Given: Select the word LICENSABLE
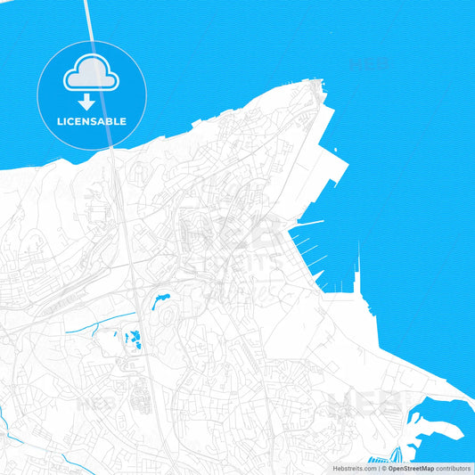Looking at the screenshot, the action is point(92,121).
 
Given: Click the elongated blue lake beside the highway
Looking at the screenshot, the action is point(162,301).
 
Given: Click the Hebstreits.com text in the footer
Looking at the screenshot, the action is point(355,468).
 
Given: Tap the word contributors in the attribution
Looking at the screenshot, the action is point(454,468).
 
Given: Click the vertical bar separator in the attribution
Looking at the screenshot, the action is point(377,468).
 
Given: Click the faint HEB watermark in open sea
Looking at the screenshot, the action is point(370,64).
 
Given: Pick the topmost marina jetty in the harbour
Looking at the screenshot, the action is point(309,221).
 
